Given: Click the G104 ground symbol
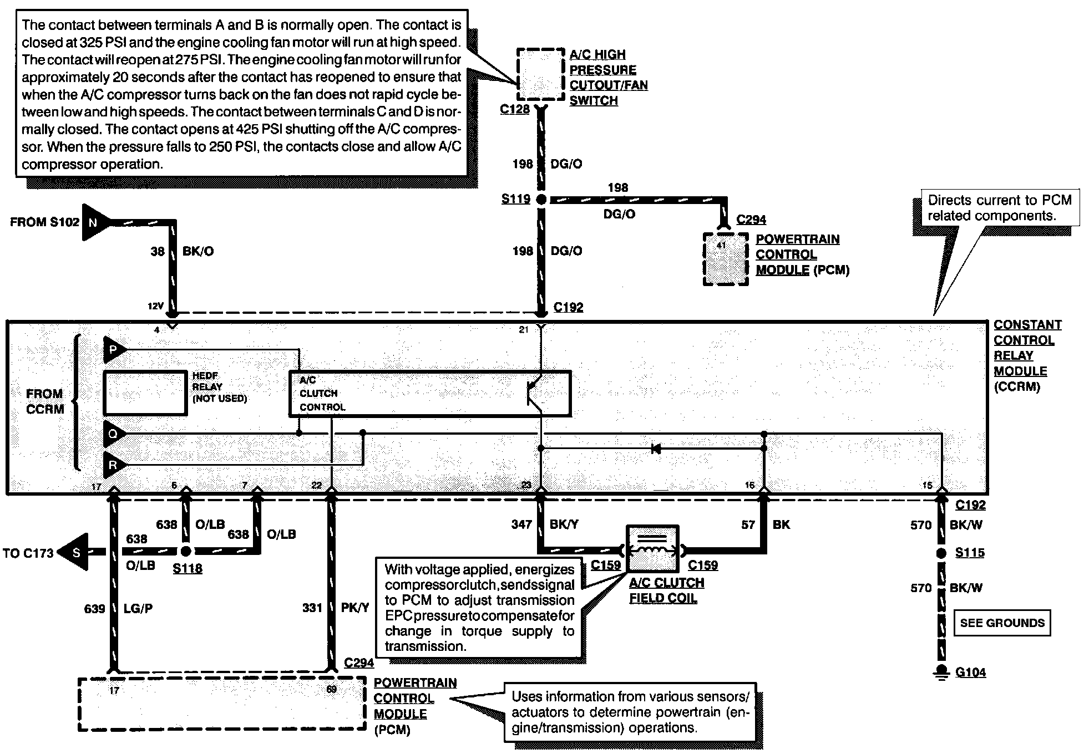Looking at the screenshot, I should (941, 673).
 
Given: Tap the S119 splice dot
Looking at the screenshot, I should (541, 199).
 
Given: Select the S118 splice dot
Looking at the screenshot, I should (186, 551).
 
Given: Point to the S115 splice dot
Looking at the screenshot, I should (941, 553).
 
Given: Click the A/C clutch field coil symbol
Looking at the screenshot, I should (652, 549).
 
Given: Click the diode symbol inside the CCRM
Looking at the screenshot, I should (656, 448).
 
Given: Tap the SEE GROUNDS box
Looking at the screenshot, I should (1002, 623).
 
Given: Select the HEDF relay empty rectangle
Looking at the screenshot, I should (145, 393).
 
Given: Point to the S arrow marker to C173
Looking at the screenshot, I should (75, 552).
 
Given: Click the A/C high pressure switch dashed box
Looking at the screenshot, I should (540, 74).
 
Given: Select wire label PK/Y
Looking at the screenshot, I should (354, 608).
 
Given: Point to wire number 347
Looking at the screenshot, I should (521, 524).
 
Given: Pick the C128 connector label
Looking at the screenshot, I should (514, 109).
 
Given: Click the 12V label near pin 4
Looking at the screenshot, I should (155, 306).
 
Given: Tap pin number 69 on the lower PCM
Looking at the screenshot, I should (331, 690).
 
